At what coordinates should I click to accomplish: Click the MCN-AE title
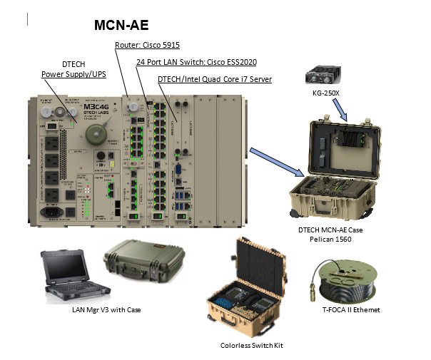point(122,26)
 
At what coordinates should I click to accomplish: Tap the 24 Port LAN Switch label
point(186,62)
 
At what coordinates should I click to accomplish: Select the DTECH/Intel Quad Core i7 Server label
point(215,78)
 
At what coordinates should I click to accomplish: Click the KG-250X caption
point(325,93)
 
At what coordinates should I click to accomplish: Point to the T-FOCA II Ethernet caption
point(347,309)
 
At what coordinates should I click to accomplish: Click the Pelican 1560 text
point(333,240)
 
